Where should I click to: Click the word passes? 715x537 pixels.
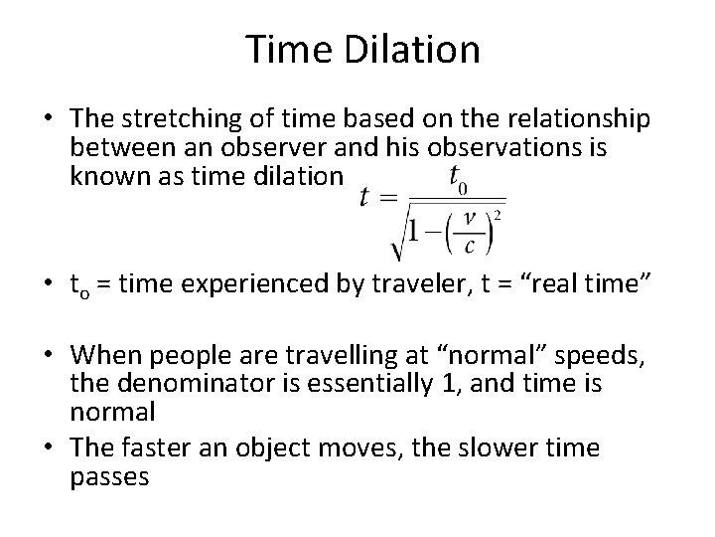[109, 476]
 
